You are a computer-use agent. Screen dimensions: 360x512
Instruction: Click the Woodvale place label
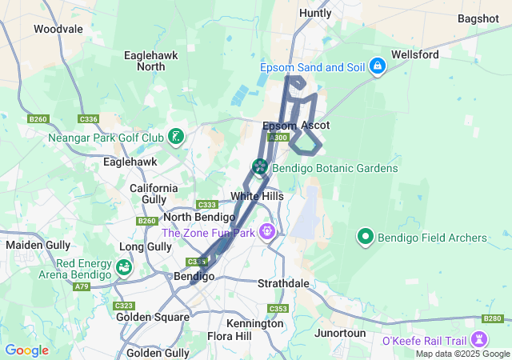(x=58, y=29)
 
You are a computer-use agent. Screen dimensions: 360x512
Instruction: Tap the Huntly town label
(x=314, y=14)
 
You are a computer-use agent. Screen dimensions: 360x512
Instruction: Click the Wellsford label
(x=414, y=54)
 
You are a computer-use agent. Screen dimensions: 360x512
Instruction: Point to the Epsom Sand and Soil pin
(x=377, y=68)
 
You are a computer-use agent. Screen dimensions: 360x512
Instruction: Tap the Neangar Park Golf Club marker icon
(x=176, y=137)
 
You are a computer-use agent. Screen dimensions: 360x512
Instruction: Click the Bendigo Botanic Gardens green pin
(x=260, y=168)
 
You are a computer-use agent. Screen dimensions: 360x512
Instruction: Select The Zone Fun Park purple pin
(x=266, y=233)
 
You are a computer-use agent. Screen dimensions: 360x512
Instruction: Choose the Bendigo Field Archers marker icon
(x=366, y=238)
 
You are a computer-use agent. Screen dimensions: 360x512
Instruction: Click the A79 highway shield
(x=82, y=286)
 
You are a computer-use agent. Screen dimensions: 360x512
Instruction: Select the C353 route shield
(x=278, y=309)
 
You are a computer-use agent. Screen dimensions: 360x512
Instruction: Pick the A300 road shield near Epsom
(x=279, y=138)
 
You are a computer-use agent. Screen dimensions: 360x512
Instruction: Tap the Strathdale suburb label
(x=283, y=284)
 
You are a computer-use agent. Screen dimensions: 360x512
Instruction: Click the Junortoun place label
(x=340, y=333)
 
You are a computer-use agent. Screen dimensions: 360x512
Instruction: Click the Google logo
(x=26, y=350)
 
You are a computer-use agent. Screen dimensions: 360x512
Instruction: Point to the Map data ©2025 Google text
(x=462, y=354)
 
